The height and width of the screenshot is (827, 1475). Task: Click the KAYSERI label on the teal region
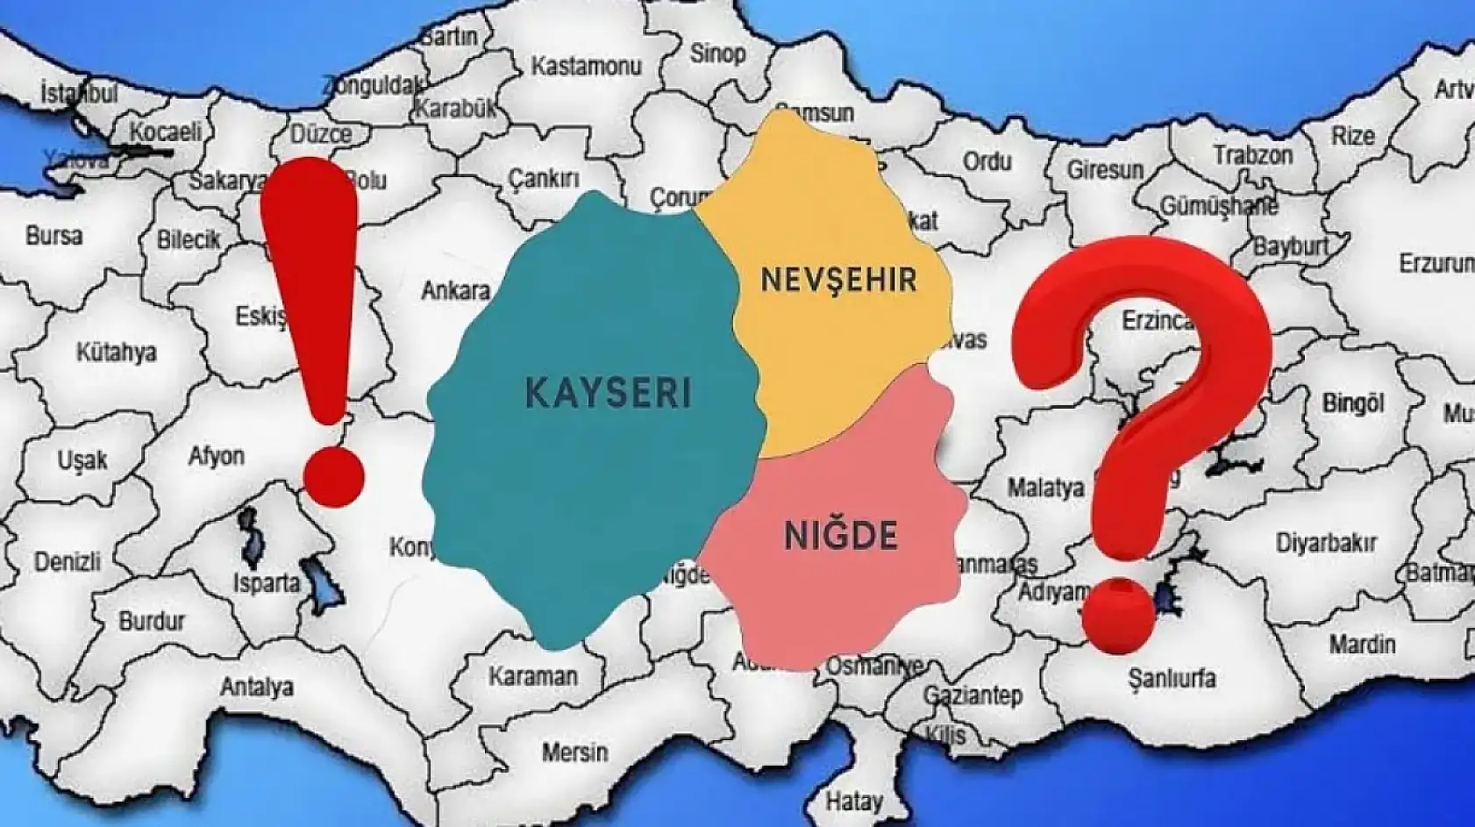tap(608, 392)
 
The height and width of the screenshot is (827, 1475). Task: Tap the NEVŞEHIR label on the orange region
tap(838, 280)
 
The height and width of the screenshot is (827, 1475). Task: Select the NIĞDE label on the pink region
tap(840, 535)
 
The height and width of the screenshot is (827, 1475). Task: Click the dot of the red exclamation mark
tap(332, 478)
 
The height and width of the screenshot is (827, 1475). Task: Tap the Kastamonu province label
tap(586, 66)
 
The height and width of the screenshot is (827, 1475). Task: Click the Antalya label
tap(256, 687)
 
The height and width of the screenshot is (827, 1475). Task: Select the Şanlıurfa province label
tap(1172, 678)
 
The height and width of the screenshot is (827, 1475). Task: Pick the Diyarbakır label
tap(1325, 544)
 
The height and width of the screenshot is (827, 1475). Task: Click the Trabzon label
tap(1252, 156)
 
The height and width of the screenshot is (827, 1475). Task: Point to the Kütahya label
tap(116, 353)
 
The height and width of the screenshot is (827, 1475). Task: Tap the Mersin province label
tap(574, 752)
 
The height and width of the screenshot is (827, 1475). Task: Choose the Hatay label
tap(853, 801)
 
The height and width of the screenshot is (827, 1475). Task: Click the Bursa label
tap(54, 235)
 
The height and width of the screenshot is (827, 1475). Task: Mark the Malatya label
tap(1044, 488)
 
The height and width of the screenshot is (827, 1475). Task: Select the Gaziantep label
tap(972, 696)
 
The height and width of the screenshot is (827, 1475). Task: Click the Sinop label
tap(717, 53)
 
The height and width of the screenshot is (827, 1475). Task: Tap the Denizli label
tap(68, 561)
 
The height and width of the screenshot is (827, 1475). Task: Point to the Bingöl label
tap(1352, 404)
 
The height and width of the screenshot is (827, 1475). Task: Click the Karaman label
tap(533, 676)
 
